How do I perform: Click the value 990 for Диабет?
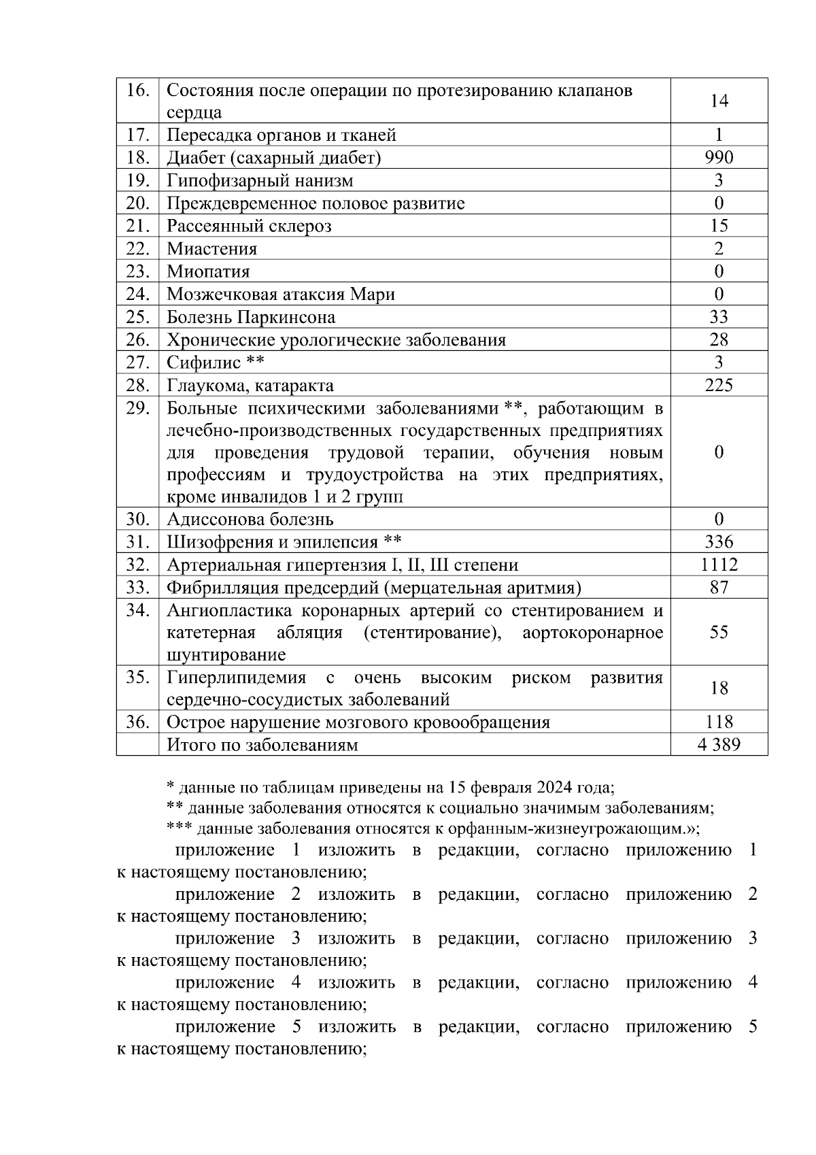pos(719,158)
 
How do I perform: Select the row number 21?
pos(138,226)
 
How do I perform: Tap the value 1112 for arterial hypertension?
pos(719,565)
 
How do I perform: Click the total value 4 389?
pos(719,744)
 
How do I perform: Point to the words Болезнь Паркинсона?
pos(251,317)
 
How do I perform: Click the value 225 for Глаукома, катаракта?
pos(719,386)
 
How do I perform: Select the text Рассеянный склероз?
pos(249,226)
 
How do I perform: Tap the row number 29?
pos(138,408)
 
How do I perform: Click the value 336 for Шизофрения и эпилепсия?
pos(719,542)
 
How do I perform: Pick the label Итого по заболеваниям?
pos(262,745)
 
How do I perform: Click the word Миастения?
pos(212,249)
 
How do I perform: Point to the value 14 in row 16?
pos(719,101)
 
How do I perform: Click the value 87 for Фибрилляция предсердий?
pos(719,587)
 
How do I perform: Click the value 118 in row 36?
pos(719,722)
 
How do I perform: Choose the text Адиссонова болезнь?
pos(250,520)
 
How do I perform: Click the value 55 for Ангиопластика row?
pos(719,632)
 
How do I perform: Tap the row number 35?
pos(138,677)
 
